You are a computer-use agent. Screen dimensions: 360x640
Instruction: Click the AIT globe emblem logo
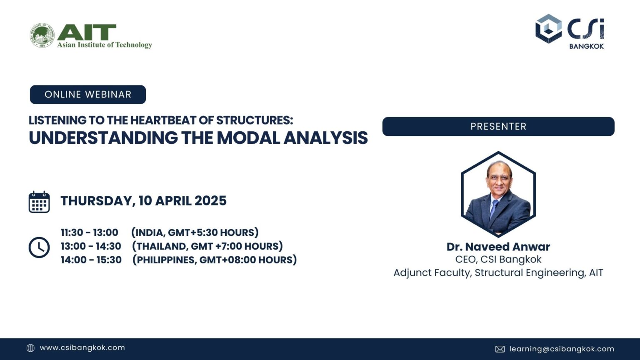[x=42, y=35]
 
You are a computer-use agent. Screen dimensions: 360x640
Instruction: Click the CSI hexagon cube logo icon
[x=548, y=29]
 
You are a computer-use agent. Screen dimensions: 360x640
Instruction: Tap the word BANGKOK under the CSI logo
[x=586, y=46]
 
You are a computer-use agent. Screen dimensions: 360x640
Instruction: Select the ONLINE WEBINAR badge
[x=88, y=95]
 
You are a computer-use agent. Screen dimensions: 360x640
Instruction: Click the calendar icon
[x=39, y=202]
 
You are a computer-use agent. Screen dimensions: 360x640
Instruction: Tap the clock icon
[x=39, y=247]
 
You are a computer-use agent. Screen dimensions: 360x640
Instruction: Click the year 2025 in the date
[x=210, y=201]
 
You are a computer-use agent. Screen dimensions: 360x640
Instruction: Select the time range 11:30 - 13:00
[x=90, y=232]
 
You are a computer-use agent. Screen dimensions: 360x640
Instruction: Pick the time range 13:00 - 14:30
[x=91, y=246]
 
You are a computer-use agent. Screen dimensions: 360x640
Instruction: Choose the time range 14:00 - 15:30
[x=91, y=260]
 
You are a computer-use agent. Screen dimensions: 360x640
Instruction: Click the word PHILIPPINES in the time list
[x=166, y=260]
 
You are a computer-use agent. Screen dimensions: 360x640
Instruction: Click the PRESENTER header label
[x=498, y=126]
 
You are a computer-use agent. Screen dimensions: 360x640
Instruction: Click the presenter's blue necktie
[x=494, y=208]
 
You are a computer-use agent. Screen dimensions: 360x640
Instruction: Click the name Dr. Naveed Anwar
[x=498, y=247]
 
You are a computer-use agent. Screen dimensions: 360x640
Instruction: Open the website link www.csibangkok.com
[x=82, y=347]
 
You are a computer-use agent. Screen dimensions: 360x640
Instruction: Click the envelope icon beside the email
[x=500, y=349]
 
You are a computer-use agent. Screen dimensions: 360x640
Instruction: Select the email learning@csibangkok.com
[x=562, y=349]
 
